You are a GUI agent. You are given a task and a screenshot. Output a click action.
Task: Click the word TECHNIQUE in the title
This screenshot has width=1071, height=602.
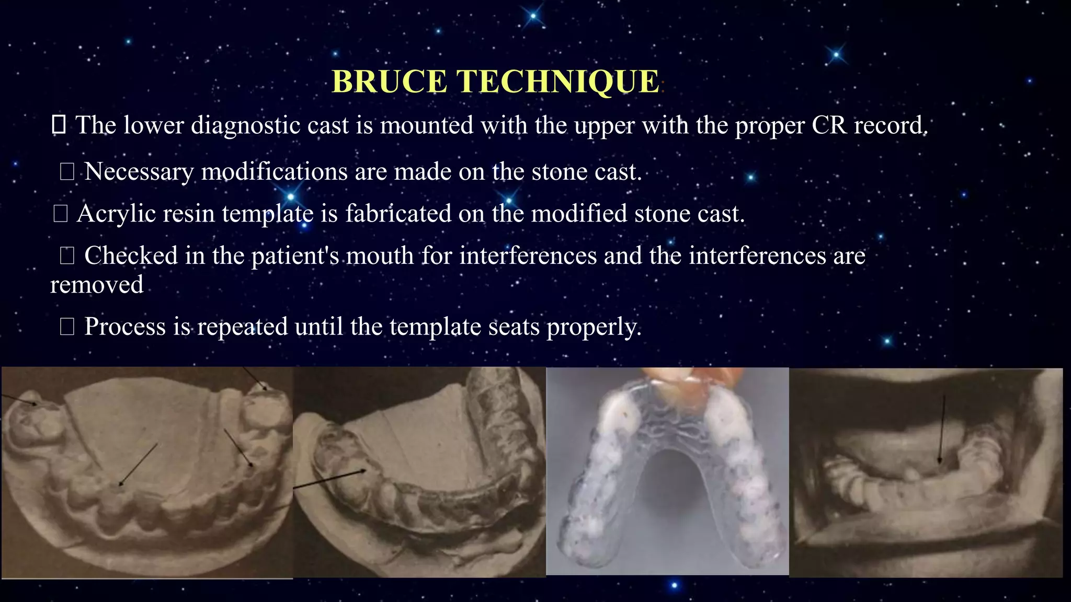[558, 82]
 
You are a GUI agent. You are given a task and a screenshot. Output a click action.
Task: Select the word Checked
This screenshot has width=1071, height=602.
[131, 256]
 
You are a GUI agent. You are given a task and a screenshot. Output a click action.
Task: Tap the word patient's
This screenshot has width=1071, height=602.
[295, 256]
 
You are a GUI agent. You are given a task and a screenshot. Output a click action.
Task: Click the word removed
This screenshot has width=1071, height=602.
[97, 285]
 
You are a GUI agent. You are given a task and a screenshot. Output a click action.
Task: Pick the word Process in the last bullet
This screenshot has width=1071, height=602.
[125, 327]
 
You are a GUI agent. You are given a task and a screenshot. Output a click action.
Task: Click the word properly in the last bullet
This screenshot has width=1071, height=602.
[594, 327]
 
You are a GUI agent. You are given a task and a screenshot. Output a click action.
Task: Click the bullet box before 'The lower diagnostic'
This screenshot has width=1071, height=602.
[58, 125]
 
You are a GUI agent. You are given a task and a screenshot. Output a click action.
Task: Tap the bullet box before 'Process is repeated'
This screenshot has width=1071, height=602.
[67, 327]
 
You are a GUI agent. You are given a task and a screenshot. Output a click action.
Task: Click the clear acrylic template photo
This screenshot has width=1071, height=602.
[667, 470]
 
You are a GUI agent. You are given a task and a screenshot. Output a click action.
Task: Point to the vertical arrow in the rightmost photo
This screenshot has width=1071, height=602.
[942, 429]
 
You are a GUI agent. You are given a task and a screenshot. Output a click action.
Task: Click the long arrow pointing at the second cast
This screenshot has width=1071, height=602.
[329, 479]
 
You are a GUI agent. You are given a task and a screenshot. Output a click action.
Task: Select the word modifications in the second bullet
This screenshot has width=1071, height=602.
[274, 172]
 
